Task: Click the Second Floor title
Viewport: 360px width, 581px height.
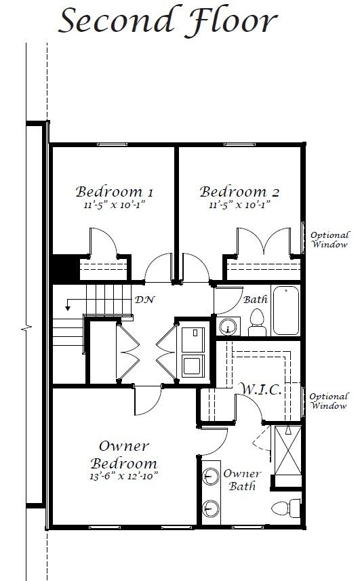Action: tap(167, 20)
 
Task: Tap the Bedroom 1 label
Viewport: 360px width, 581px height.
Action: tap(114, 192)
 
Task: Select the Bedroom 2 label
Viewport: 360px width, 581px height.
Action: tap(239, 192)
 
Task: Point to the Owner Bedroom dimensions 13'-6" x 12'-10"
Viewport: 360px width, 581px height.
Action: tap(123, 476)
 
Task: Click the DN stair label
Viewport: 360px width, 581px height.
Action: tap(144, 300)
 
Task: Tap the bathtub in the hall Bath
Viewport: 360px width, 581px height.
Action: tap(286, 310)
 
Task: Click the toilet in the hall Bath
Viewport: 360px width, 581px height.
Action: tap(257, 323)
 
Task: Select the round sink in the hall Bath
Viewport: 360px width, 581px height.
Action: tap(228, 327)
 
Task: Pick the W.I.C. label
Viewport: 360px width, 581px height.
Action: tap(262, 389)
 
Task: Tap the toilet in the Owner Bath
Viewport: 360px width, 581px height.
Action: tap(286, 508)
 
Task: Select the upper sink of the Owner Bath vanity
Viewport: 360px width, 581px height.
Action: tap(211, 476)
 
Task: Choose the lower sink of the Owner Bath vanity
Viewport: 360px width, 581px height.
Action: tap(211, 508)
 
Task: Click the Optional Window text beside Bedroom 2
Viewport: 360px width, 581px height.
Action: tap(329, 239)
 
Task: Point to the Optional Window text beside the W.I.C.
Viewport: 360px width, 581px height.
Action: tap(329, 401)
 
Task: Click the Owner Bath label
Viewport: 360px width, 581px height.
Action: tap(242, 479)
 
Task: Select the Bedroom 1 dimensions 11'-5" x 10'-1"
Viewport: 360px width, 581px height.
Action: tap(114, 205)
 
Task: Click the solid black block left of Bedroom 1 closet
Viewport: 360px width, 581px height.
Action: tap(66, 268)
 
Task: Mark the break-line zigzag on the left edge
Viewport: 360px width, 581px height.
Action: tap(26, 327)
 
